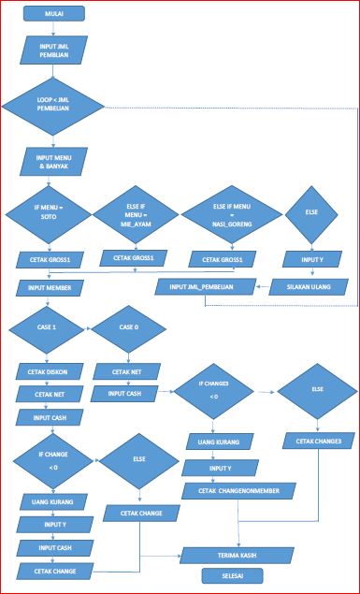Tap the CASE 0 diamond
point(131,328)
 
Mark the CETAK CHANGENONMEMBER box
point(245,489)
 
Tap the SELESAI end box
point(231,577)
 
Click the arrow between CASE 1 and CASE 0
point(89,328)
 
